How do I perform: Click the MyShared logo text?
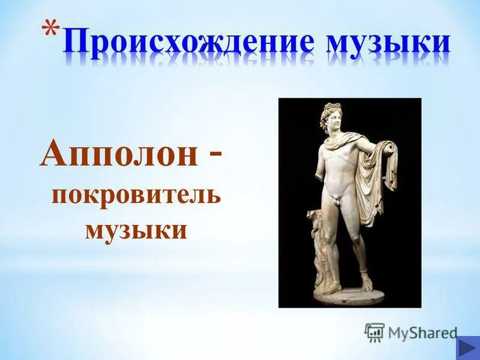[422, 332]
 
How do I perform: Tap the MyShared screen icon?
[374, 332]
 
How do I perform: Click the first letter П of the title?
[74, 44]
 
